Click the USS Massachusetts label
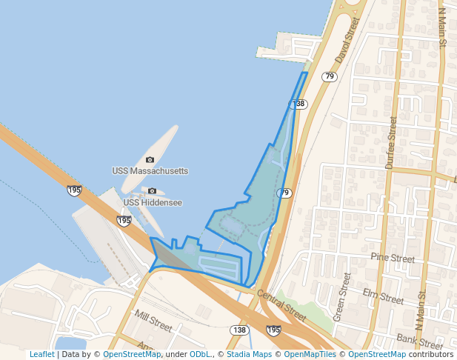point(150,171)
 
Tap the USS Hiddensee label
point(153,202)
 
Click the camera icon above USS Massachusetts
point(150,160)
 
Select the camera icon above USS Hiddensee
point(153,191)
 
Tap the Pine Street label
point(393,259)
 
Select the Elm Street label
point(389,300)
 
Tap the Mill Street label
point(153,321)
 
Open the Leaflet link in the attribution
point(42,354)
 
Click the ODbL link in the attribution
point(200,354)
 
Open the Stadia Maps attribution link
point(247,354)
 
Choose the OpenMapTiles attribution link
point(307,354)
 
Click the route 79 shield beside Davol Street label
point(330,76)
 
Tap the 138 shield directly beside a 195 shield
point(238,330)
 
